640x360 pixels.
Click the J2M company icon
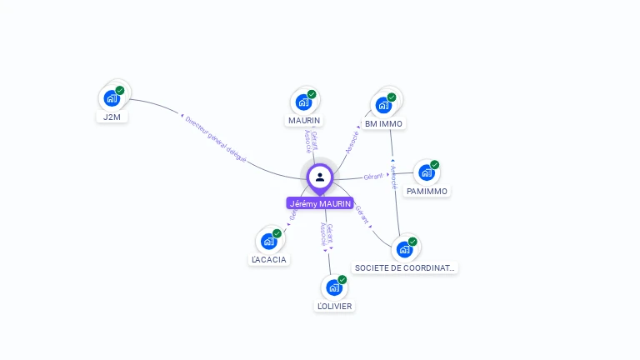coord(112,98)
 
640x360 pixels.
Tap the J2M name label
coord(112,117)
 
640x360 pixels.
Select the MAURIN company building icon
coord(303,102)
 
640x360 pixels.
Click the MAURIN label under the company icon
coord(304,121)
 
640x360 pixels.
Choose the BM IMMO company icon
coord(383,105)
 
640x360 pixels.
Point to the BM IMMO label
coord(383,124)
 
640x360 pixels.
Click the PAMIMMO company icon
coord(427,172)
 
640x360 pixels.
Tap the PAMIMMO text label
coord(427,192)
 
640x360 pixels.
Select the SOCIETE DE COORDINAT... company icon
coord(404,249)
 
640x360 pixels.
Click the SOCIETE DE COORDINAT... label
coord(405,268)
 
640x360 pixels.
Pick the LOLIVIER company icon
coord(334,287)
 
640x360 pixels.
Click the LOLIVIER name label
coord(334,307)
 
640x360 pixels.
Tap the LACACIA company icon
coord(268,241)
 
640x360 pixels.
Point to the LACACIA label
coord(268,260)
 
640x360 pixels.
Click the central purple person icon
coord(319,177)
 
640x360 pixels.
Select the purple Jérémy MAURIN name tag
coord(320,203)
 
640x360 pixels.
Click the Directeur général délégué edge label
coord(215,137)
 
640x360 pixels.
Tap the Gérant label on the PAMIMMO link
coord(372,177)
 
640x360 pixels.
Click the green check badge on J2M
coord(120,90)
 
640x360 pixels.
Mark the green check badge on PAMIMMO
coord(434,165)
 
